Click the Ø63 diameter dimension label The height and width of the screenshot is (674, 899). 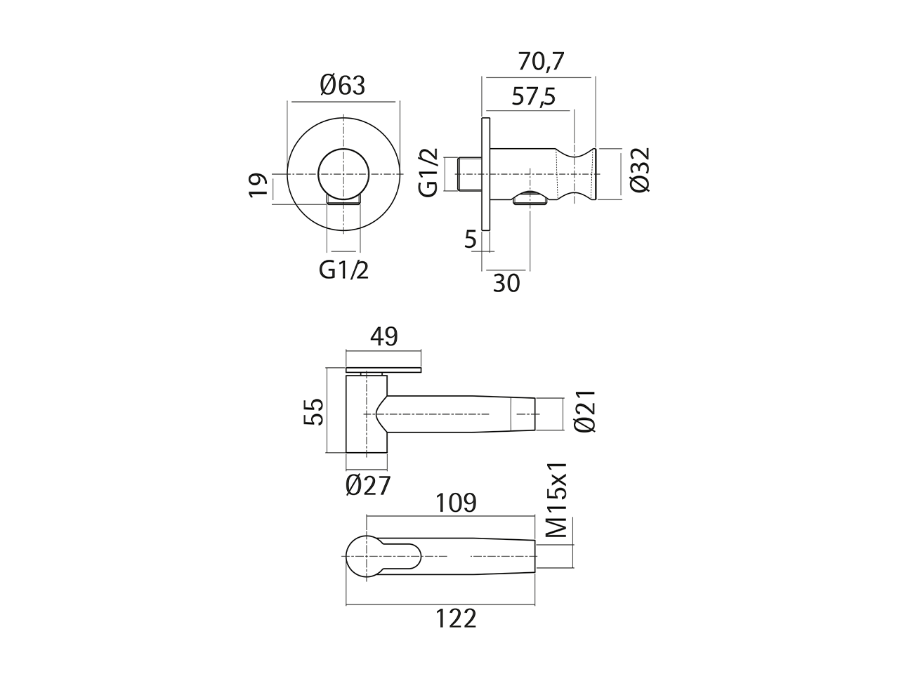[x=343, y=85]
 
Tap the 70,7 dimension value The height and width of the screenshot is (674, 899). [x=541, y=62]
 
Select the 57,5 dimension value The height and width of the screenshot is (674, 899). [x=533, y=96]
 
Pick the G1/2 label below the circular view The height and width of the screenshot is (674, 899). [x=343, y=269]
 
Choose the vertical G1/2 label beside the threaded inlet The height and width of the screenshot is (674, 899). [x=428, y=172]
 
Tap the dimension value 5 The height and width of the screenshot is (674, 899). [x=470, y=239]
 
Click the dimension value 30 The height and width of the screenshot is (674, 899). [x=506, y=283]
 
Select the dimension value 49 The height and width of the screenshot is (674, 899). [x=383, y=337]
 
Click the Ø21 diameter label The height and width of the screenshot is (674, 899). [x=584, y=411]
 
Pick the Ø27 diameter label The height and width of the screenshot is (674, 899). [x=367, y=485]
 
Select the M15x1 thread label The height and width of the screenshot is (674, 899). [x=557, y=499]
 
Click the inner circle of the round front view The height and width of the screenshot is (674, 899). [x=343, y=173]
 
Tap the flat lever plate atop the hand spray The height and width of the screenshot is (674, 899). [x=384, y=369]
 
